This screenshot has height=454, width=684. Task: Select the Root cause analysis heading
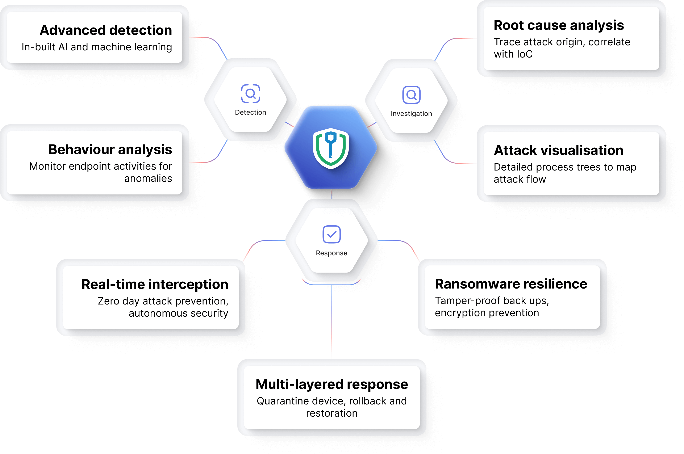click(559, 25)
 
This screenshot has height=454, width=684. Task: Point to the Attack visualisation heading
click(558, 151)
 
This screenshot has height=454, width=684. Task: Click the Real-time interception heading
click(155, 284)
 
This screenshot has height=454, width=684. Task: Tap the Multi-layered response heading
click(331, 384)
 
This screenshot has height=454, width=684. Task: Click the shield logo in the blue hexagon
click(331, 148)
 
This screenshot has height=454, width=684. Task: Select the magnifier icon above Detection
click(250, 93)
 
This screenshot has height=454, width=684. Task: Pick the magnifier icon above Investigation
click(411, 95)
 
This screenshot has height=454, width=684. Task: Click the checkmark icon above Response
click(331, 234)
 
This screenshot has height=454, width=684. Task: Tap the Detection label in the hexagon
click(250, 112)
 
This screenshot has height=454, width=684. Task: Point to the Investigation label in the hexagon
click(411, 113)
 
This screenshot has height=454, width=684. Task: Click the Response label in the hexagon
click(331, 253)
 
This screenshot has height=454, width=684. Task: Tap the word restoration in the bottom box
click(331, 413)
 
